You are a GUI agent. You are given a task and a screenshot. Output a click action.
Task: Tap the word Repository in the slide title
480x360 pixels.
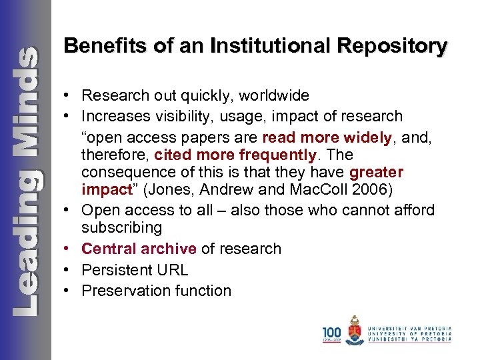(x=393, y=46)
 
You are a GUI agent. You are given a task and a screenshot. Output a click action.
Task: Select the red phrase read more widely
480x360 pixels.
(x=327, y=137)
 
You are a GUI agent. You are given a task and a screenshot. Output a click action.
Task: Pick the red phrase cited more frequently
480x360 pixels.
(x=234, y=155)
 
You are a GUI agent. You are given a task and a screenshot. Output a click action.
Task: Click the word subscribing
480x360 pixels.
(x=122, y=227)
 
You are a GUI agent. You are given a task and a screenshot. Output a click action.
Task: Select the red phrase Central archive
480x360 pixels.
(x=139, y=249)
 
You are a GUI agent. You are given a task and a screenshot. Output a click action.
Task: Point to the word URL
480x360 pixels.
(x=173, y=270)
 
